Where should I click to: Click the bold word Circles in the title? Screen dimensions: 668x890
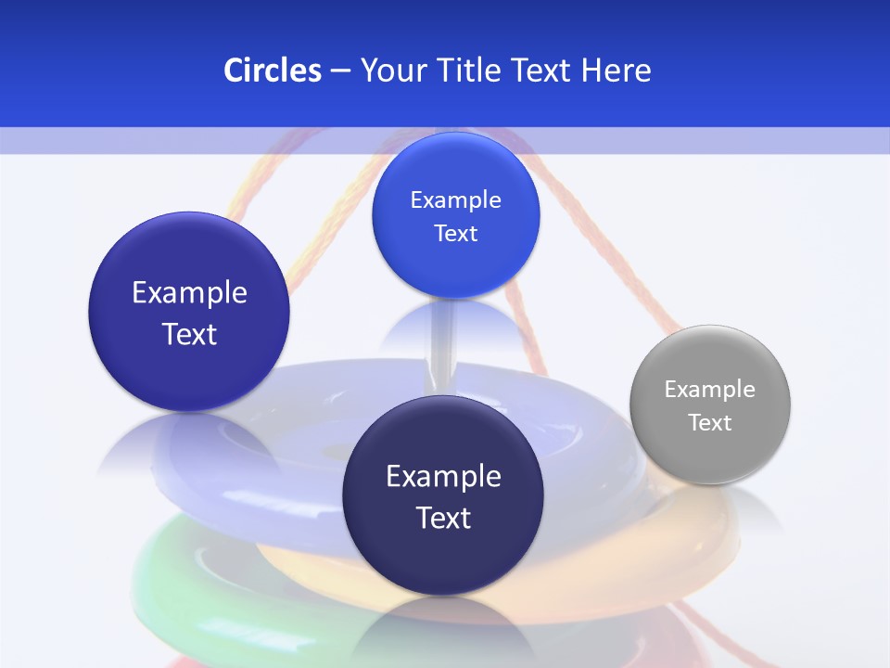[x=273, y=71]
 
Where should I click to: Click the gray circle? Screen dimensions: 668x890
[x=709, y=405]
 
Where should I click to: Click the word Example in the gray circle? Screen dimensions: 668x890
[x=709, y=389]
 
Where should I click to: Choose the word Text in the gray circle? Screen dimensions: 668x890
[x=709, y=422]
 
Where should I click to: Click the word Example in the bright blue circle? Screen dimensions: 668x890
[x=455, y=199]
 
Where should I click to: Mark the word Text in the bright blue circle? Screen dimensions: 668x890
[x=455, y=233]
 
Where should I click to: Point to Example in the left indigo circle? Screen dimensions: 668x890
[x=189, y=293]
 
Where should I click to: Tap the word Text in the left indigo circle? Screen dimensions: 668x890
[x=189, y=334]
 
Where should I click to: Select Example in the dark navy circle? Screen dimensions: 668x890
[x=443, y=477]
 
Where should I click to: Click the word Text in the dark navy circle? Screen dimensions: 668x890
[x=443, y=518]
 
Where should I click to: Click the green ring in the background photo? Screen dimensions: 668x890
[x=167, y=584]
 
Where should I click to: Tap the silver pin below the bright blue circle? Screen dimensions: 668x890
[x=442, y=343]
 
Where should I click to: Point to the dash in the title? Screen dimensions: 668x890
[x=339, y=71]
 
